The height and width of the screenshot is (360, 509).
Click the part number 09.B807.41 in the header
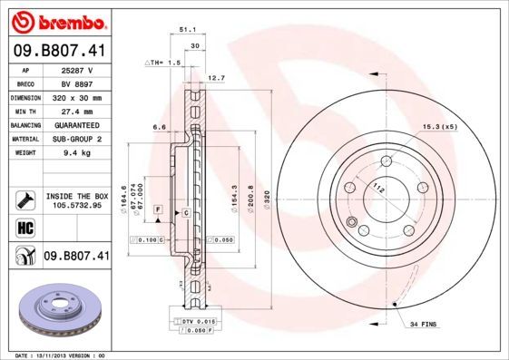pyautogui.click(x=60, y=51)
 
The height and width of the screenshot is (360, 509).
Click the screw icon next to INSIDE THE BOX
pyautogui.click(x=24, y=199)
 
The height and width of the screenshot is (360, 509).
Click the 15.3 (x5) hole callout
pyautogui.click(x=439, y=127)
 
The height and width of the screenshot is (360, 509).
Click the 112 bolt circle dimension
pyautogui.click(x=374, y=188)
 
